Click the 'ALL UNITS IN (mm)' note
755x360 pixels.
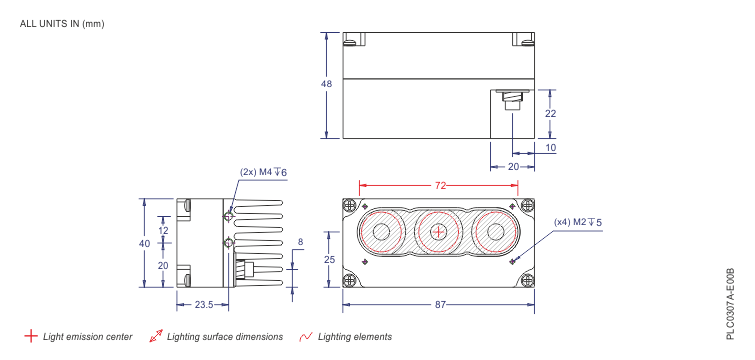pyautogui.click(x=61, y=23)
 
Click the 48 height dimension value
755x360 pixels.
pyautogui.click(x=326, y=85)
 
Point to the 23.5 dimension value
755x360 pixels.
pyautogui.click(x=203, y=304)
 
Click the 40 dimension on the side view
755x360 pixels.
pyautogui.click(x=144, y=244)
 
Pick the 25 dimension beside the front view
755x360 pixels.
pyautogui.click(x=330, y=260)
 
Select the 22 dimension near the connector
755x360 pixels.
pyautogui.click(x=550, y=114)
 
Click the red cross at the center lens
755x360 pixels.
pyautogui.click(x=438, y=233)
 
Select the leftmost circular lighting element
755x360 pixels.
pyautogui.click(x=381, y=233)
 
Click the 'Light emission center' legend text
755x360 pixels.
pyautogui.click(x=88, y=337)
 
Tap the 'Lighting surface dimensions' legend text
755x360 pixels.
pyautogui.click(x=225, y=337)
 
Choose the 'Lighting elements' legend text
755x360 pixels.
pyautogui.click(x=354, y=337)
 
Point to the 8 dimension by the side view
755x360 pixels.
pyautogui.click(x=299, y=242)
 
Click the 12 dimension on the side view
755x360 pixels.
pyautogui.click(x=163, y=231)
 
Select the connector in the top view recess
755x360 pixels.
pyautogui.click(x=511, y=102)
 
